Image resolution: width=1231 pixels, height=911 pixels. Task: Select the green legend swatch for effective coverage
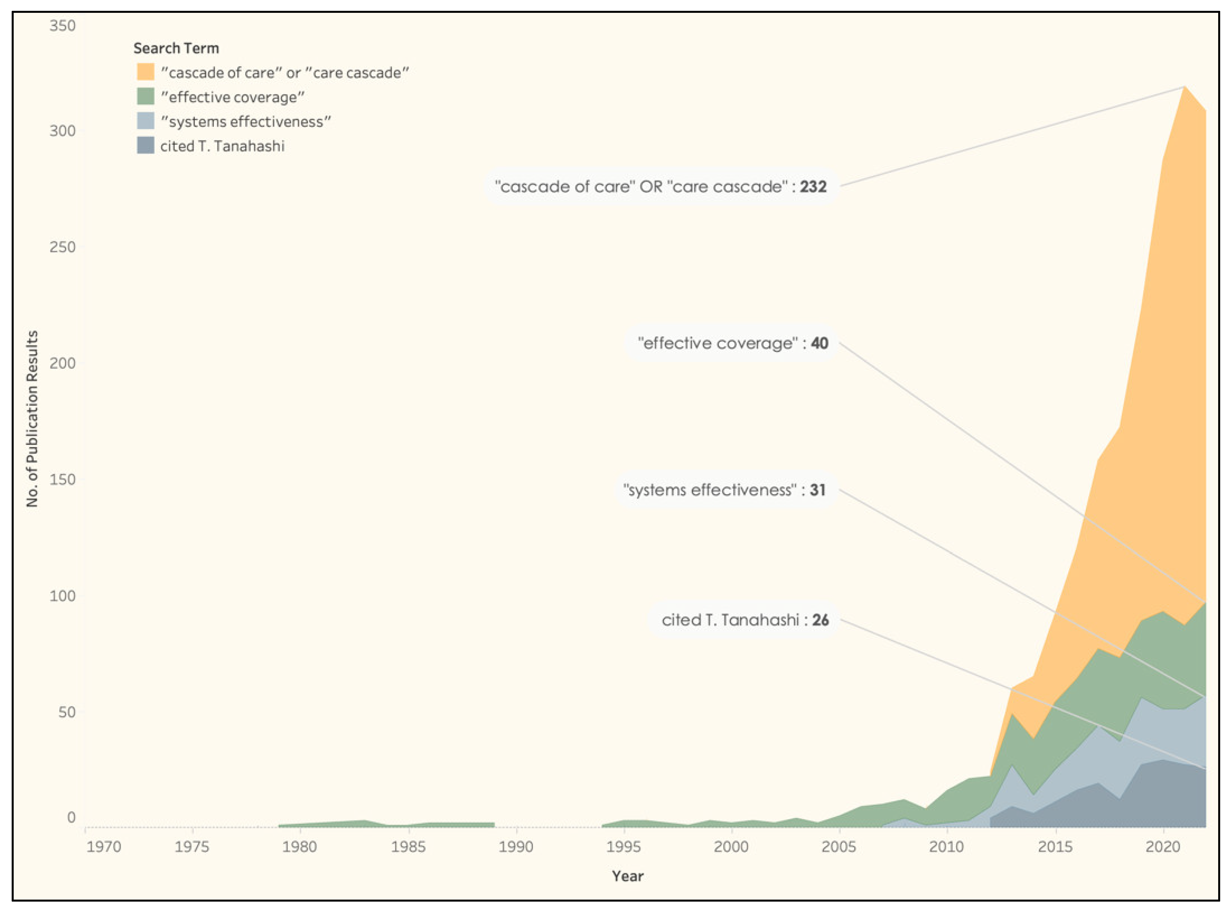pos(146,97)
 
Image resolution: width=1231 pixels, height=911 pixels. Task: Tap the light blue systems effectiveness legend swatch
pos(146,121)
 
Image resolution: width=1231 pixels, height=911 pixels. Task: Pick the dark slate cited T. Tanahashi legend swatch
pos(146,146)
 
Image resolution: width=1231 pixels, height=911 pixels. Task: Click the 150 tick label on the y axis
pos(62,479)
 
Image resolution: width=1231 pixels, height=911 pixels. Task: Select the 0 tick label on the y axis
pos(71,817)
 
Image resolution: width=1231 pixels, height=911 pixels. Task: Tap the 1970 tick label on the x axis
pos(104,847)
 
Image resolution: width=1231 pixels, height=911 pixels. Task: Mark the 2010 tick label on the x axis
pos(946,847)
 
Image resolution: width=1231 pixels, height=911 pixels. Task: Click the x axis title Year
pos(627,876)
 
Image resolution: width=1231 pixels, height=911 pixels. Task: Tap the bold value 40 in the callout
pos(819,343)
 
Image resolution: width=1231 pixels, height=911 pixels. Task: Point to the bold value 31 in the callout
pos(817,490)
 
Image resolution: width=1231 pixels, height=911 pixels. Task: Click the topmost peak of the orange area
pos(1184,87)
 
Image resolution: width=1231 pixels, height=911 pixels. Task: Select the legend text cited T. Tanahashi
pos(222,146)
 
